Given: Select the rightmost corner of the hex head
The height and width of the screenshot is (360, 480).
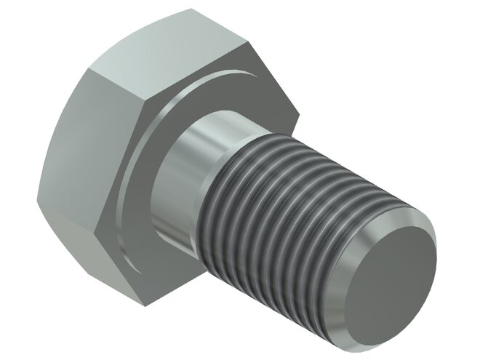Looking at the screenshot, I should pos(298,111).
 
